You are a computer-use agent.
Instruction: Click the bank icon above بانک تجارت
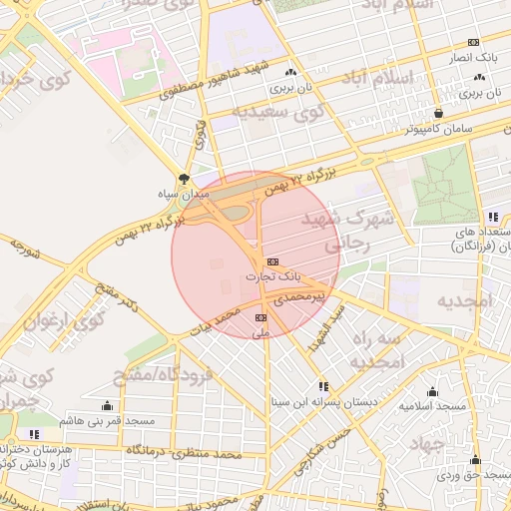pyautogui.click(x=271, y=262)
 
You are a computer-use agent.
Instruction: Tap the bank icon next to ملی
pyautogui.click(x=261, y=318)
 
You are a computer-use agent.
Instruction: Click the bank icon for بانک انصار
pyautogui.click(x=473, y=42)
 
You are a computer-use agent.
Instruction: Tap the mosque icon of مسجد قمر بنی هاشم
pyautogui.click(x=107, y=405)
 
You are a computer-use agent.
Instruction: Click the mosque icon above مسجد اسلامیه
pyautogui.click(x=432, y=391)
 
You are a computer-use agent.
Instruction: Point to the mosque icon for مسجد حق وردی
pyautogui.click(x=475, y=460)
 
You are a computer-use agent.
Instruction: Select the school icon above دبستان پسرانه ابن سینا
pyautogui.click(x=322, y=386)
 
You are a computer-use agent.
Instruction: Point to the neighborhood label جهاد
pyautogui.click(x=438, y=445)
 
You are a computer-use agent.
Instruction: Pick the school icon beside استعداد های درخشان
pyautogui.click(x=492, y=217)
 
